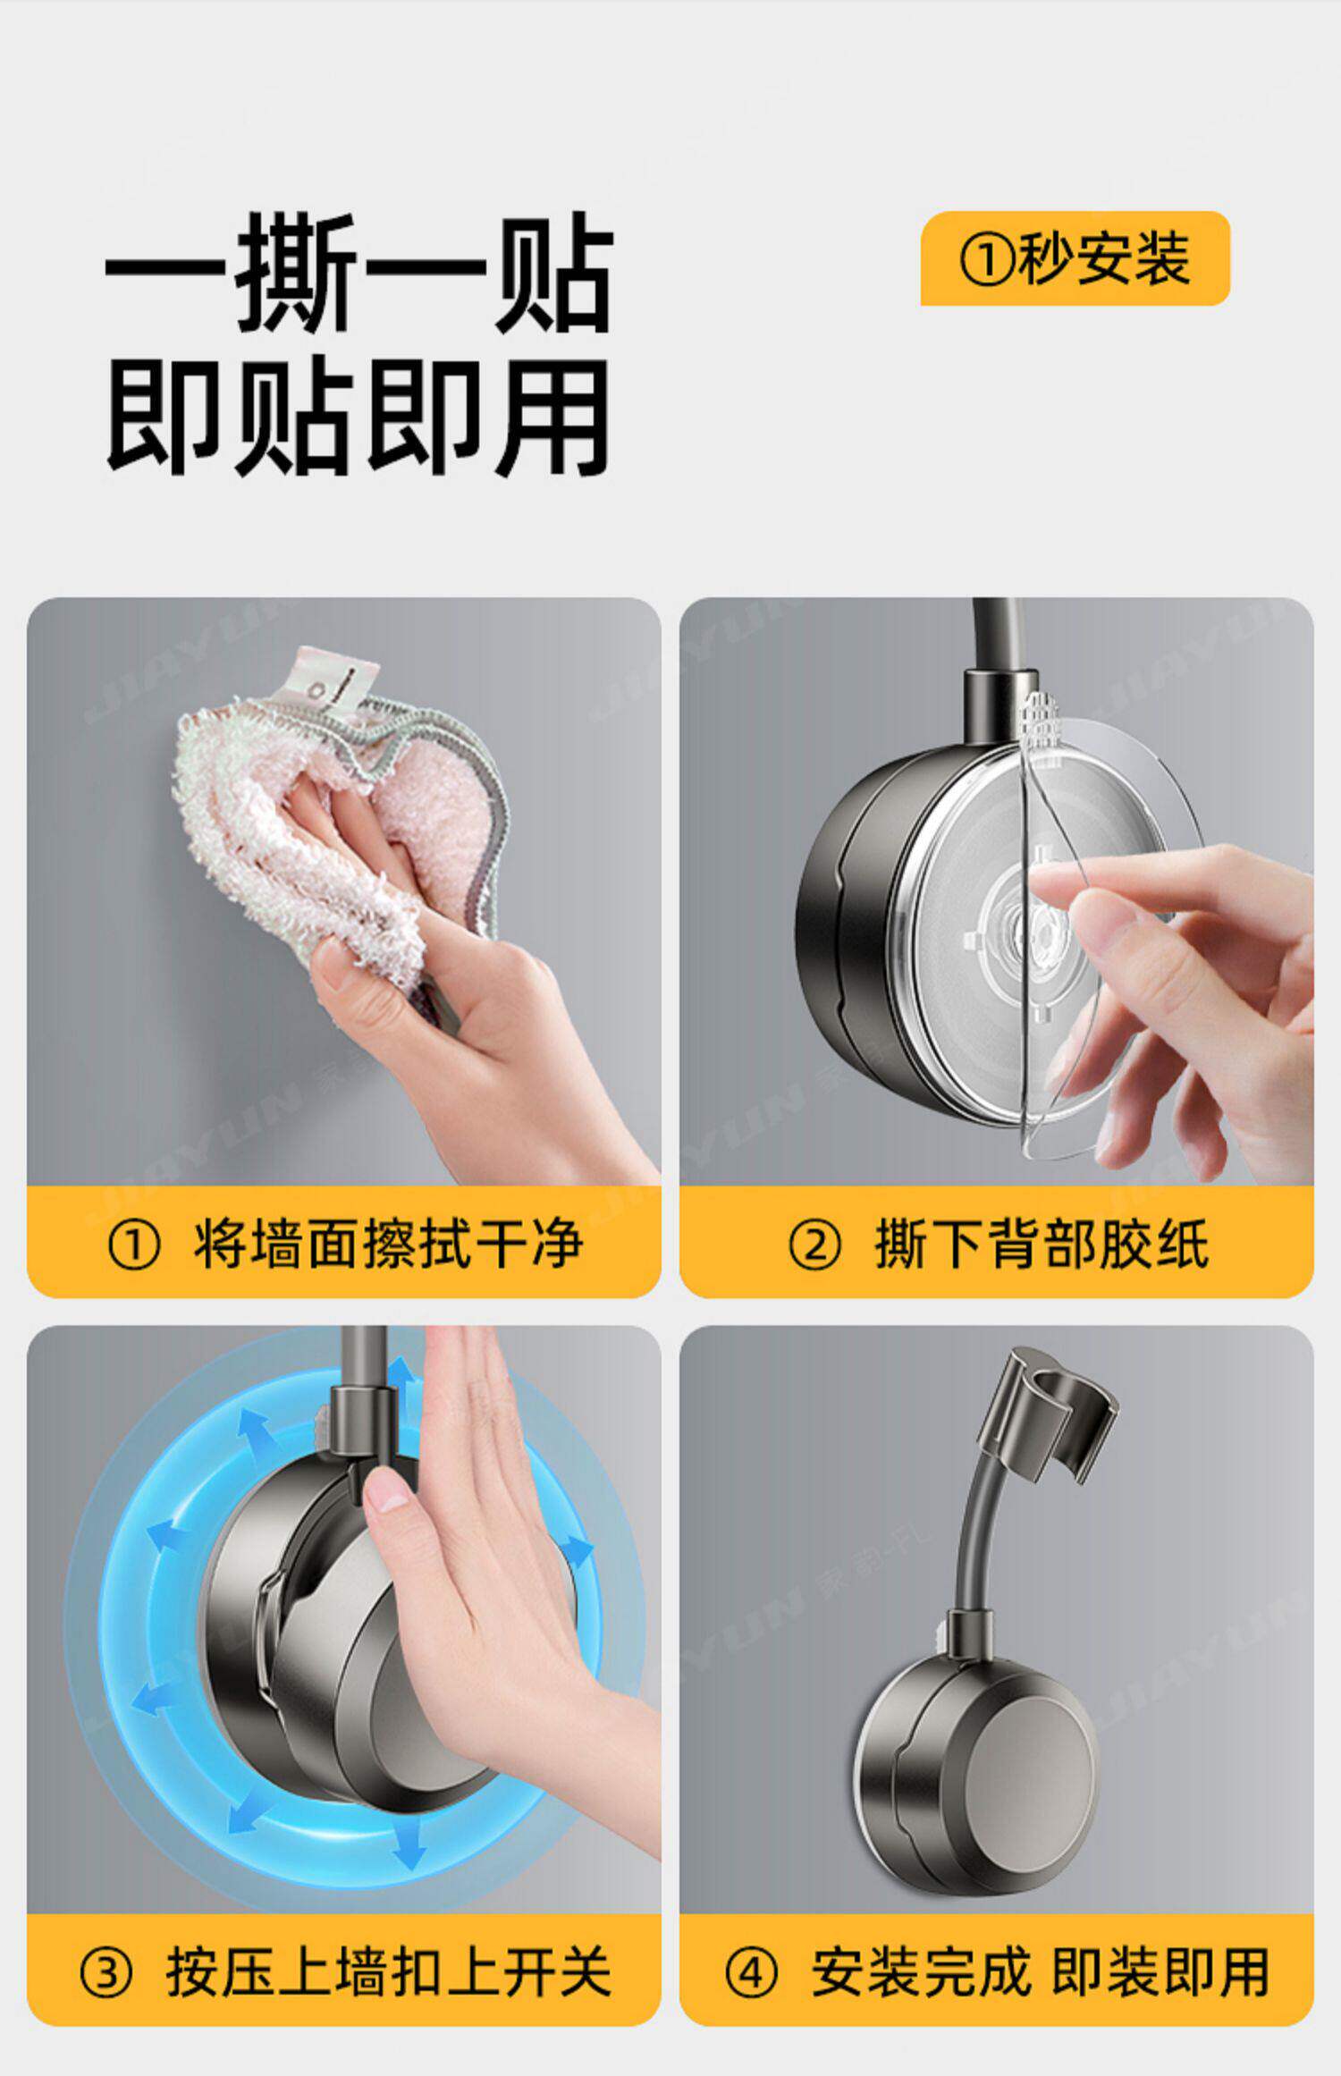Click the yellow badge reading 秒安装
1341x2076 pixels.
click(1075, 259)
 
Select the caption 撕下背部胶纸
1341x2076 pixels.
click(1042, 1244)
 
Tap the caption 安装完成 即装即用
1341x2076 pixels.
click(1041, 1971)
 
